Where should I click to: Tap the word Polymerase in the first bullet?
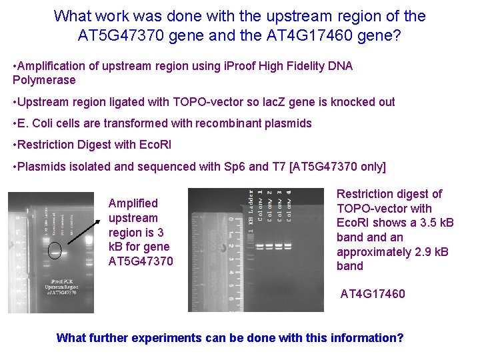[x=44, y=80]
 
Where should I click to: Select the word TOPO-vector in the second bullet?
[x=203, y=102]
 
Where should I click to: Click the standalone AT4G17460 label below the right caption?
[x=373, y=293]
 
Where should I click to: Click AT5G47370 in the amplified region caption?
[x=141, y=261]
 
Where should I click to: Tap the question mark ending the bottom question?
[x=400, y=337]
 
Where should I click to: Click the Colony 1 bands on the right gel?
[x=259, y=247]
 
